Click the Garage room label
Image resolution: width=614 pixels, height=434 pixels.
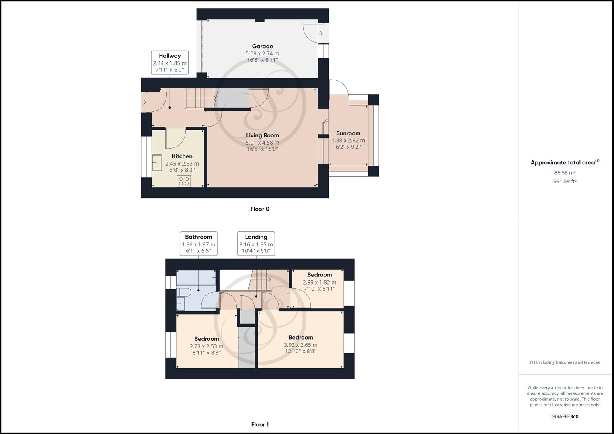(x=262, y=47)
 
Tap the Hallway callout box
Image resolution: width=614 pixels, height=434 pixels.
(x=169, y=62)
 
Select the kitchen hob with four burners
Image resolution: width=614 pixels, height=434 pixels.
(x=184, y=181)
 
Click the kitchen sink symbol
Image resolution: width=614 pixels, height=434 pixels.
(x=156, y=162)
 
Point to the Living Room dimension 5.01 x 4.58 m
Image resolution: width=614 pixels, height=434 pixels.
(x=262, y=143)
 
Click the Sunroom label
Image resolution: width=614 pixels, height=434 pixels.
(x=348, y=133)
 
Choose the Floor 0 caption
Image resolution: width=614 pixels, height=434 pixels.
(x=260, y=209)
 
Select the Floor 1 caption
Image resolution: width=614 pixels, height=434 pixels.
(x=260, y=424)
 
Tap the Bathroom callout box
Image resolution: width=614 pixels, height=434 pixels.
(x=198, y=244)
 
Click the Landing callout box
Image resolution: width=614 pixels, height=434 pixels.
(x=256, y=244)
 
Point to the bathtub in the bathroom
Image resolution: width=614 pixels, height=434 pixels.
(x=197, y=277)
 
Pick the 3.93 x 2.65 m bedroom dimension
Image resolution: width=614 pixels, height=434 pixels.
(x=300, y=345)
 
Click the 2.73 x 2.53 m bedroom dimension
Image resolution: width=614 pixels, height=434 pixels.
(x=206, y=346)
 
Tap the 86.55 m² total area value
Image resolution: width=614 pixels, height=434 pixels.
(x=565, y=173)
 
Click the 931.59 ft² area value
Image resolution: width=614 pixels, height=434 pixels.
(x=565, y=181)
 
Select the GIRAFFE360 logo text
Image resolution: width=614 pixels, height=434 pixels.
(x=565, y=416)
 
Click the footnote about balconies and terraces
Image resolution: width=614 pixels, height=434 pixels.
(x=565, y=362)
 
